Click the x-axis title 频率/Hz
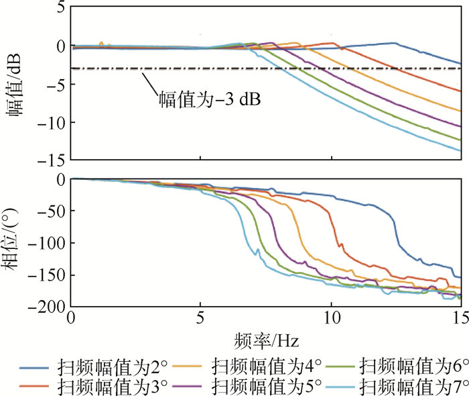pos(267,340)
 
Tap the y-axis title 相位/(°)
pos(15,242)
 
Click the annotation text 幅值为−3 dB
pos(209,101)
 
